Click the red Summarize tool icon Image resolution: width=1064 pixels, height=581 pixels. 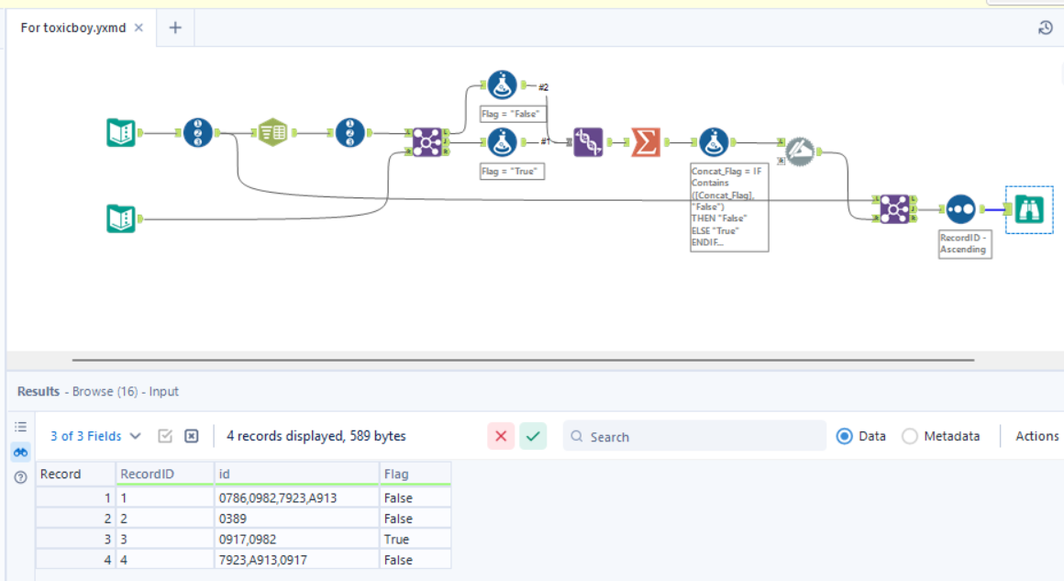point(646,141)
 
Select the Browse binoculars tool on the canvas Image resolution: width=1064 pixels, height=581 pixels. point(1029,209)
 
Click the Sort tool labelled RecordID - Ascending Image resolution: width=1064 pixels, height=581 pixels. point(959,209)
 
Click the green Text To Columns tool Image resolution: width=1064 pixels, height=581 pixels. point(272,133)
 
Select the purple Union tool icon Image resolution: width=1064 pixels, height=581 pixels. point(588,141)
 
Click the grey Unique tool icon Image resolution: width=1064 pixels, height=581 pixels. point(799,151)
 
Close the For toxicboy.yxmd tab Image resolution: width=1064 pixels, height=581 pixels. point(139,28)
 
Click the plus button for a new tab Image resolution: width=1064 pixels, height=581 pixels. point(175,28)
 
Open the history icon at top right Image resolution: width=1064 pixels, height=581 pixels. point(1045,28)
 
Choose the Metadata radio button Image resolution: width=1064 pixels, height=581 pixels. point(910,436)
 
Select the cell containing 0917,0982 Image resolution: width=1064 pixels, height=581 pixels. point(295,539)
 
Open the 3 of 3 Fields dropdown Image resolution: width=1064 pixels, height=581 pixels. point(95,436)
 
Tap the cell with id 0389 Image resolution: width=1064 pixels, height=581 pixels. point(295,519)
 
